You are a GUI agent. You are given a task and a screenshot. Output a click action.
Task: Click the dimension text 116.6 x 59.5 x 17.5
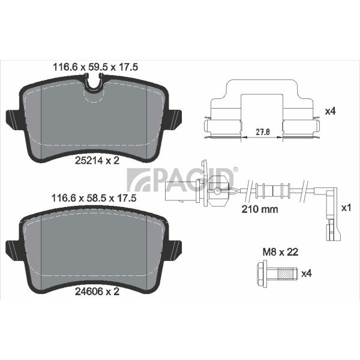[x=95, y=67]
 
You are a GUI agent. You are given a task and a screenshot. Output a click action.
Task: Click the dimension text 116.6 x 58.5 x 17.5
[x=94, y=198]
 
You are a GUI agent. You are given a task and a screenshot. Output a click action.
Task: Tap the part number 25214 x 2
[x=97, y=160]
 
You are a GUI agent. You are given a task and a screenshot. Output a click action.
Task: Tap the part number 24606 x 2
[x=97, y=292]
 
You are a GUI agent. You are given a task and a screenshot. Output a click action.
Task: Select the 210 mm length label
[x=260, y=209]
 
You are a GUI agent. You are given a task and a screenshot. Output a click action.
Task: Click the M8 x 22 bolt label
[x=281, y=252]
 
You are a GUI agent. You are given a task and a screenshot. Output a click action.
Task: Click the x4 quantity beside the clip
[x=331, y=112]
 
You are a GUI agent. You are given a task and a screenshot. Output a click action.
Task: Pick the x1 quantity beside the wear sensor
[x=346, y=208]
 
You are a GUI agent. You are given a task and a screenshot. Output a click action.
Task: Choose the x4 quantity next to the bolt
[x=307, y=274]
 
